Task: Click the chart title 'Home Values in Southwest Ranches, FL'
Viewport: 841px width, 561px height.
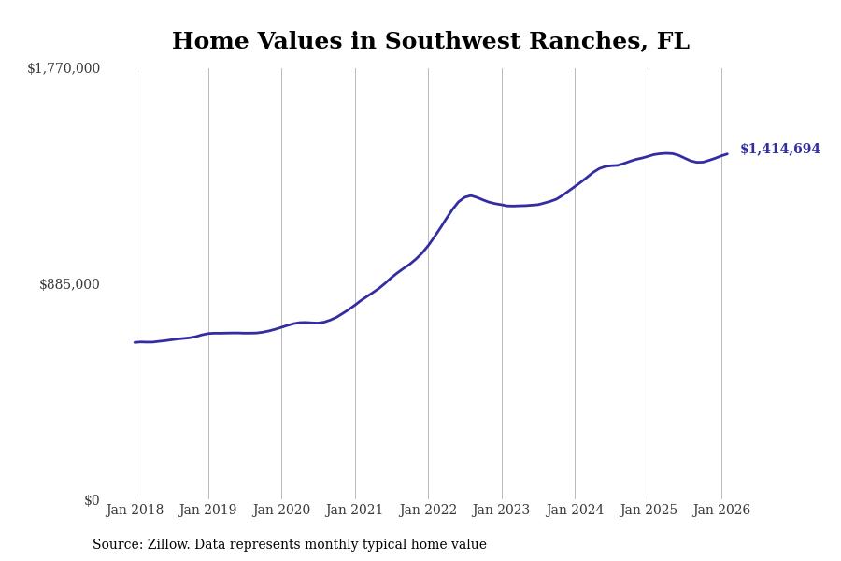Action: (x=431, y=42)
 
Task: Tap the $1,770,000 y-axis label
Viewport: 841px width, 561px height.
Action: (x=64, y=68)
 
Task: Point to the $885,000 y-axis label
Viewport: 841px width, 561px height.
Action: (x=69, y=284)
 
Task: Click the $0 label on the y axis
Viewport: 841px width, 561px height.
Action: (x=92, y=500)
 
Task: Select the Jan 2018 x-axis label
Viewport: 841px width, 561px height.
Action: (x=135, y=511)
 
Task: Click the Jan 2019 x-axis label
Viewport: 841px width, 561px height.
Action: (x=208, y=511)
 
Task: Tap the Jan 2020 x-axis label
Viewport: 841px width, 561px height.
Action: (x=281, y=511)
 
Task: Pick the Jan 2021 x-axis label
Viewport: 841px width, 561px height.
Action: (x=355, y=511)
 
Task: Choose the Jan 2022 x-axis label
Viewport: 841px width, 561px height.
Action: (x=428, y=511)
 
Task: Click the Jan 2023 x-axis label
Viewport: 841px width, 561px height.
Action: (x=502, y=511)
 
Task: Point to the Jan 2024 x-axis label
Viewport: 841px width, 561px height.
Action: (x=575, y=511)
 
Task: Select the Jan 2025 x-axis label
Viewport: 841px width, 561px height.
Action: (x=649, y=511)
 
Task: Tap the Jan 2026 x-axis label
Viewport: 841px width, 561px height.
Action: (x=721, y=511)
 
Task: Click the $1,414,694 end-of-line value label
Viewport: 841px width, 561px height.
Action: (x=780, y=150)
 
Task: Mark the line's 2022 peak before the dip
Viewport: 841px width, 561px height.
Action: (x=471, y=195)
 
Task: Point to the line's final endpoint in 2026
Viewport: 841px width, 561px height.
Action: (x=727, y=154)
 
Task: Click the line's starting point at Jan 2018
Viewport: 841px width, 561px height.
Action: (x=135, y=342)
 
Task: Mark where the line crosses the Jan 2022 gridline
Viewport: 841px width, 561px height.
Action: (x=428, y=247)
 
